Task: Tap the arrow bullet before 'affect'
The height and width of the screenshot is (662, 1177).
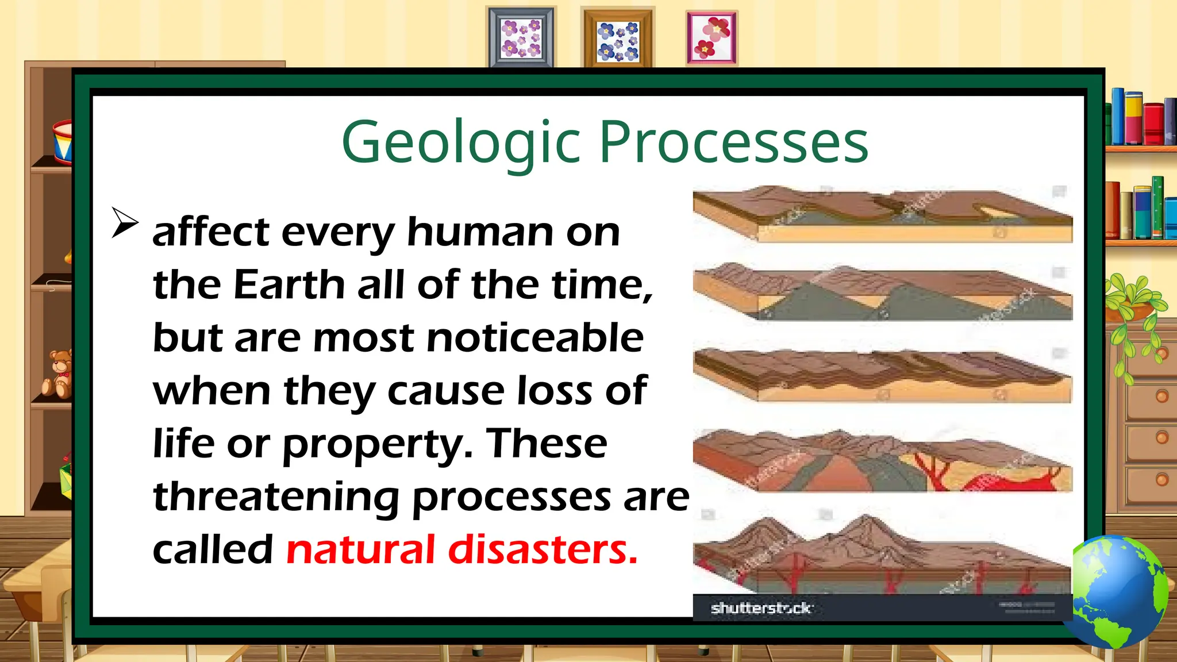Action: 125,222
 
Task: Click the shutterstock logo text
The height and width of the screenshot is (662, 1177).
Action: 761,608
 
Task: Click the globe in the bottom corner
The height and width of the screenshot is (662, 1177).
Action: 1118,592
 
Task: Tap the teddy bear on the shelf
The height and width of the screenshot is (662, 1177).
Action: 58,374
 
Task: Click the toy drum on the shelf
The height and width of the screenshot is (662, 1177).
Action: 62,141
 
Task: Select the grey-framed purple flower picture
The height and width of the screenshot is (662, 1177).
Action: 521,38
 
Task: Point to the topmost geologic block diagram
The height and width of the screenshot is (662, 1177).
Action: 882,214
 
